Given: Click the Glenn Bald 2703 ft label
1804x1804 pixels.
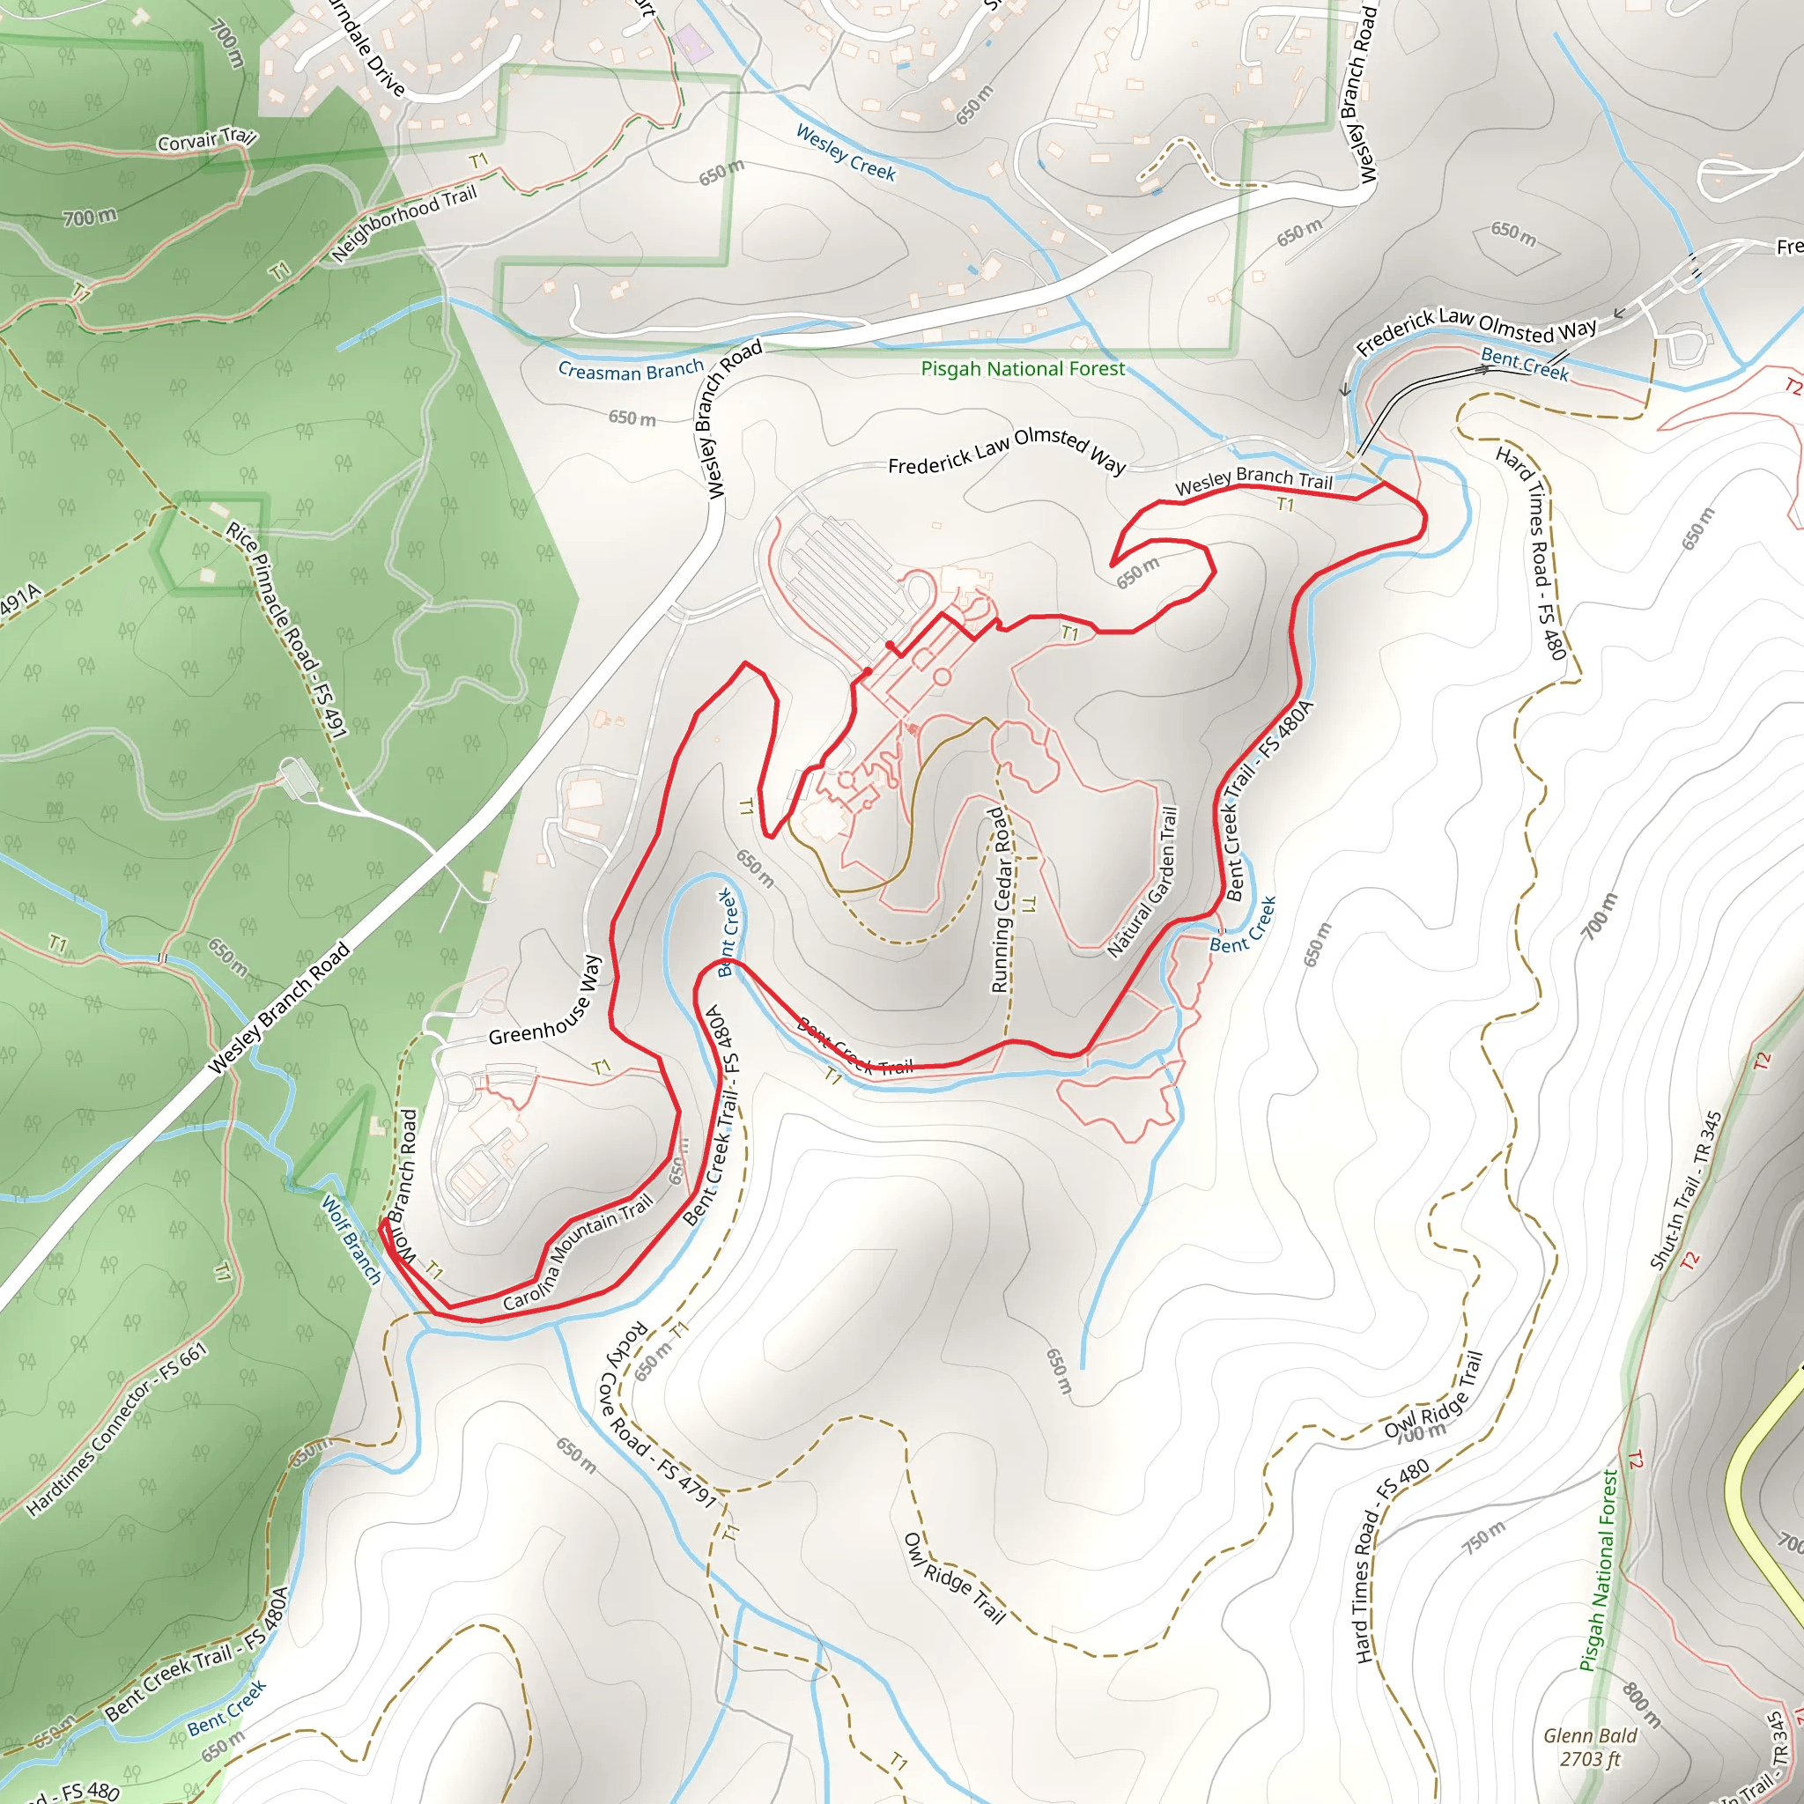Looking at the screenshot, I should pos(1589,1746).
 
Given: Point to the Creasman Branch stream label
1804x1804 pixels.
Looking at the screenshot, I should pos(631,371).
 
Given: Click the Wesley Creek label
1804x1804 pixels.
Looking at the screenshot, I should pos(845,153).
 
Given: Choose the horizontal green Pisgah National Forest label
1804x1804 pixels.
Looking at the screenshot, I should pos(1023,369).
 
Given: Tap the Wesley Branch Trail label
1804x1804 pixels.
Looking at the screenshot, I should pos(1253,481).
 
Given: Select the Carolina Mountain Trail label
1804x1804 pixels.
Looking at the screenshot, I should pos(578,1253).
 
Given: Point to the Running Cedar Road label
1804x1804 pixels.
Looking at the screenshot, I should pos(999,900).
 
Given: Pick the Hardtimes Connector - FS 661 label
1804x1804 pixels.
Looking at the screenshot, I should pos(117,1429).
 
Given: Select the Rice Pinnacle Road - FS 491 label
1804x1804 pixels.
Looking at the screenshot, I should pos(286,631).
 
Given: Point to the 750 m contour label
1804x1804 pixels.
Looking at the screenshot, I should pos(1483,1537).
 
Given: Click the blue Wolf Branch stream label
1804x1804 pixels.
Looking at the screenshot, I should pos(351,1238).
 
